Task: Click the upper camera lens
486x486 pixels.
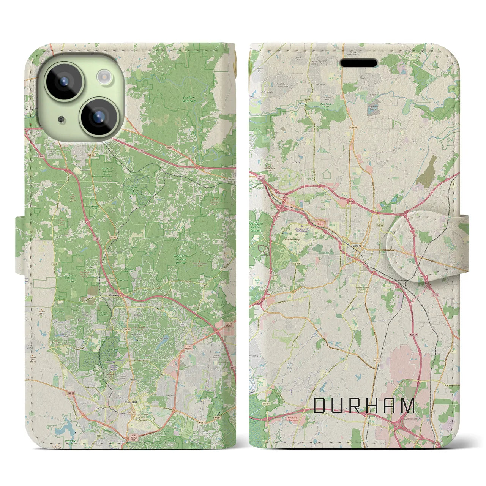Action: point(63,80)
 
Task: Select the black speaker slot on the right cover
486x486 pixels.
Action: point(358,63)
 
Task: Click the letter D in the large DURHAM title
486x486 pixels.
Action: point(320,406)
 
